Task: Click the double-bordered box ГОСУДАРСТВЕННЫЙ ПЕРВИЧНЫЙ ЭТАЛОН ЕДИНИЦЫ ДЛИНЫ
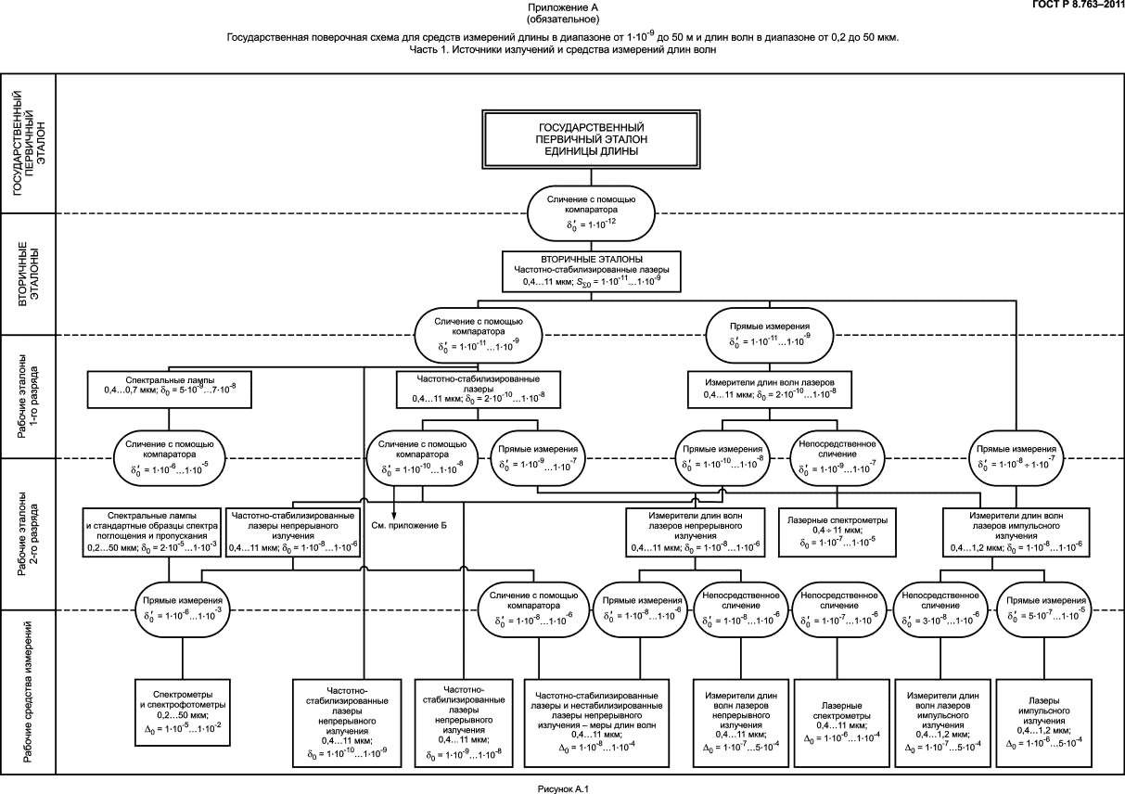click(x=592, y=139)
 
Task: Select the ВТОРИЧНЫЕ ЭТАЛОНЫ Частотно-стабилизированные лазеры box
click(x=592, y=270)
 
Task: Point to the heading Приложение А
click(x=562, y=7)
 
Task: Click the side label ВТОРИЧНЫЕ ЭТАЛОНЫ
click(x=29, y=275)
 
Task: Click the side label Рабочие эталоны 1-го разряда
click(x=29, y=397)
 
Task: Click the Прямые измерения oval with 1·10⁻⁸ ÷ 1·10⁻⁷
click(x=1016, y=458)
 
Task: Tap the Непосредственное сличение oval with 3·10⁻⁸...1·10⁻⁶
click(x=940, y=609)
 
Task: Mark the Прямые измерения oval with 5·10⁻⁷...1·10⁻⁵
click(x=1042, y=609)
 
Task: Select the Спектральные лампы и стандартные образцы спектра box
click(x=151, y=532)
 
